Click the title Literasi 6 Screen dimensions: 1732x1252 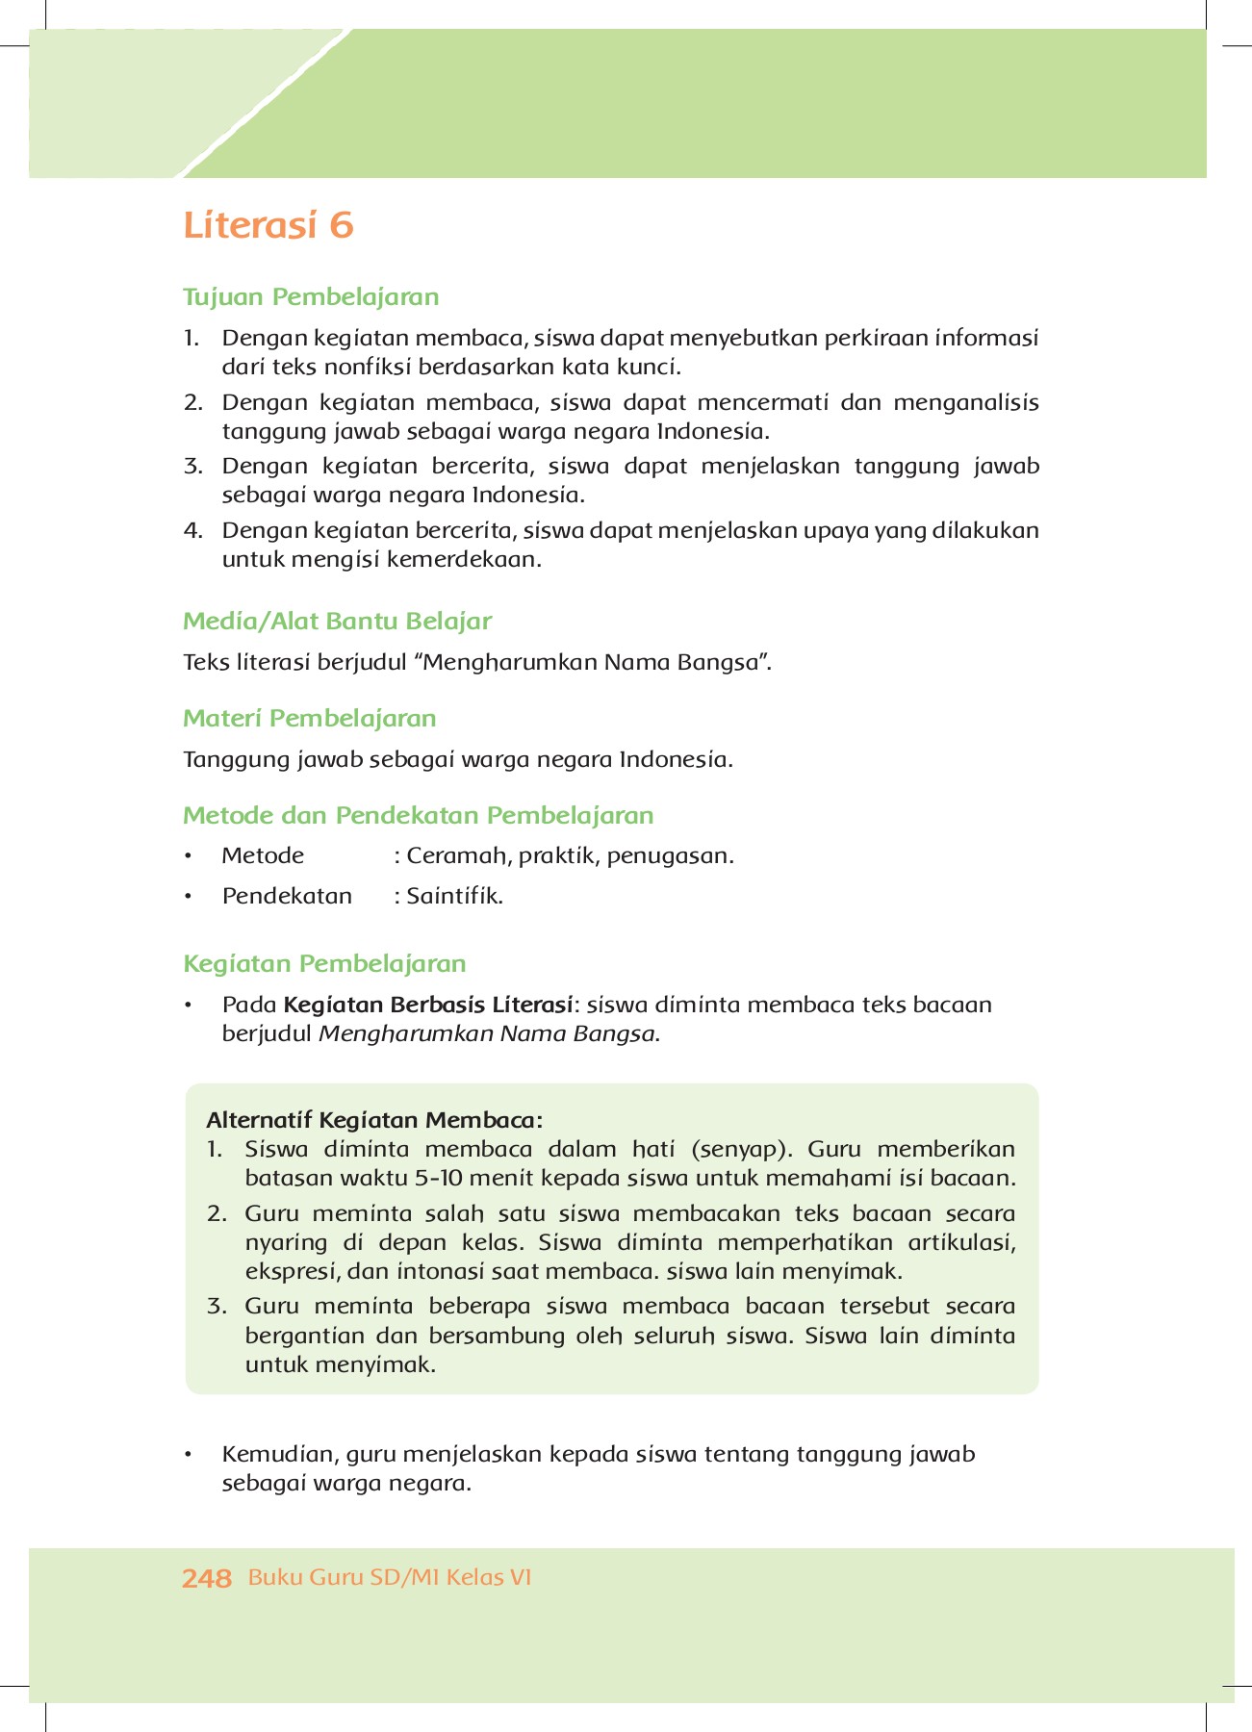click(x=268, y=225)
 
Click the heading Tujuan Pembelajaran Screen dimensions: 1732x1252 click(x=311, y=296)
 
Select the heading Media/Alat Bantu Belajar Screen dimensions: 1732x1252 click(x=337, y=621)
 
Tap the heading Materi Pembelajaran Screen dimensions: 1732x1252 click(x=309, y=718)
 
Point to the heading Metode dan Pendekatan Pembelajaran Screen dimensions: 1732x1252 click(x=418, y=815)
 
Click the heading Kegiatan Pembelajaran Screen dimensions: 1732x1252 click(x=324, y=963)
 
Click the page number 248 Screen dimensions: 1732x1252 click(x=207, y=1578)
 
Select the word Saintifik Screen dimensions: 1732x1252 click(x=454, y=896)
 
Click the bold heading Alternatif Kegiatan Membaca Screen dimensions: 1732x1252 click(x=374, y=1120)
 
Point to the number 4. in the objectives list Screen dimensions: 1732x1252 click(x=192, y=530)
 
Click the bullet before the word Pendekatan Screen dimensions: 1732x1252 click(x=190, y=897)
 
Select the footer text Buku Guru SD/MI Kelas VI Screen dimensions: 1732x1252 click(x=390, y=1577)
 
